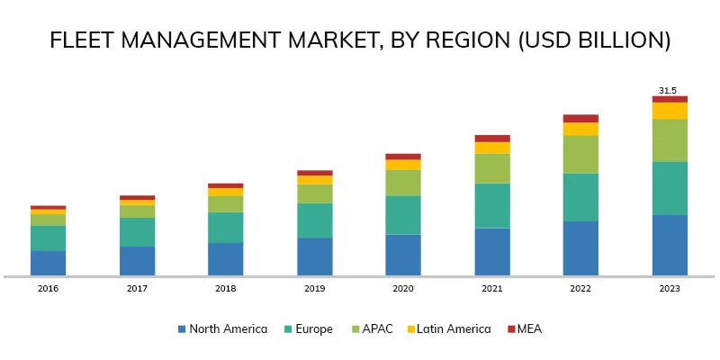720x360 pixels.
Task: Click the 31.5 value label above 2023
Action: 669,91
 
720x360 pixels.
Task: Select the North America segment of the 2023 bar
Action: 670,245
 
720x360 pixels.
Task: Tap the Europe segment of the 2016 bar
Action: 48,238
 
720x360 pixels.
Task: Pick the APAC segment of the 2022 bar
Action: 580,154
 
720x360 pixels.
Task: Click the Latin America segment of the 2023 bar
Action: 670,111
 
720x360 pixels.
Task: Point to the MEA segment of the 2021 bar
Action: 492,139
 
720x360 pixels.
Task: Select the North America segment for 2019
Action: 315,256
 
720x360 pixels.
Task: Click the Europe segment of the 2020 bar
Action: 403,215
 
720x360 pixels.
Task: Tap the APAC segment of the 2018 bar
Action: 226,204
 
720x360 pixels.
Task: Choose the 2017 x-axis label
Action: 137,289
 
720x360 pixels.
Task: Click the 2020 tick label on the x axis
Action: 403,289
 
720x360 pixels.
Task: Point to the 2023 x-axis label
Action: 670,289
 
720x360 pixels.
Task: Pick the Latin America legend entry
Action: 447,329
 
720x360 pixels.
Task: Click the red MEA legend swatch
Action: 512,329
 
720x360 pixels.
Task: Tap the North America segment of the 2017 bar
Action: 137,261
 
